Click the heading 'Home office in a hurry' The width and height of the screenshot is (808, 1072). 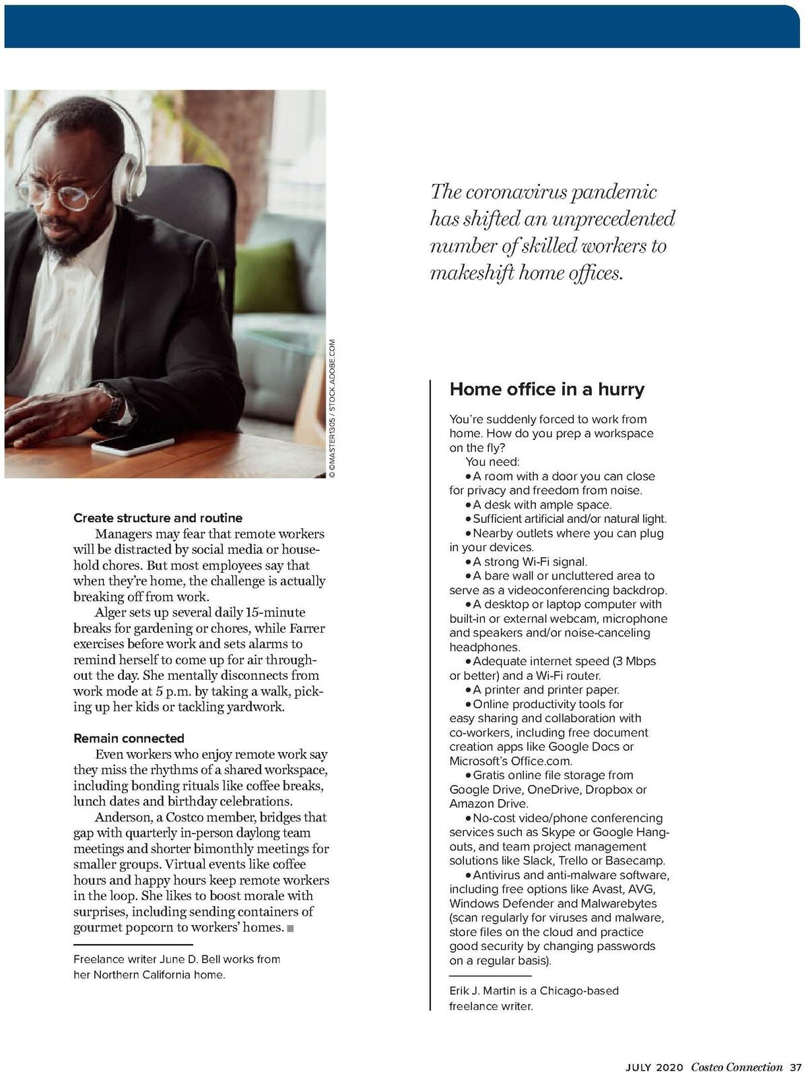[547, 389]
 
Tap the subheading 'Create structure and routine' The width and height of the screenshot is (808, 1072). [158, 518]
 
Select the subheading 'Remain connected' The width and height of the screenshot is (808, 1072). [129, 738]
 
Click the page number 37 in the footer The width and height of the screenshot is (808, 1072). [795, 1067]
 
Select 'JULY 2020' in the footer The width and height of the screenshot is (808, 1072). [654, 1067]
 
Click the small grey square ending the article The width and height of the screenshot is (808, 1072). [290, 929]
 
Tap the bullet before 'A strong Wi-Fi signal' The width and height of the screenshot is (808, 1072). [468, 562]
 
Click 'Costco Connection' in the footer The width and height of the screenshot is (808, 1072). [737, 1067]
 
